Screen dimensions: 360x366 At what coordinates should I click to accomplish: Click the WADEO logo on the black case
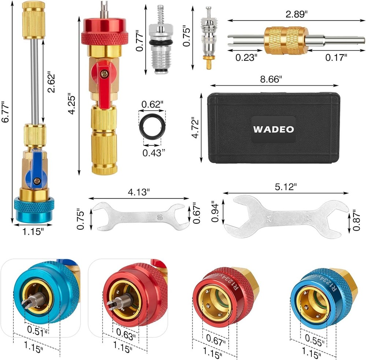click(x=273, y=130)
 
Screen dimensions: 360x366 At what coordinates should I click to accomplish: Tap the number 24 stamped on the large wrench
click(x=269, y=219)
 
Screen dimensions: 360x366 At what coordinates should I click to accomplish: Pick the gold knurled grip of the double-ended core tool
click(x=281, y=40)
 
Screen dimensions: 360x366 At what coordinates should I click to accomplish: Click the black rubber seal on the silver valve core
click(x=160, y=44)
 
